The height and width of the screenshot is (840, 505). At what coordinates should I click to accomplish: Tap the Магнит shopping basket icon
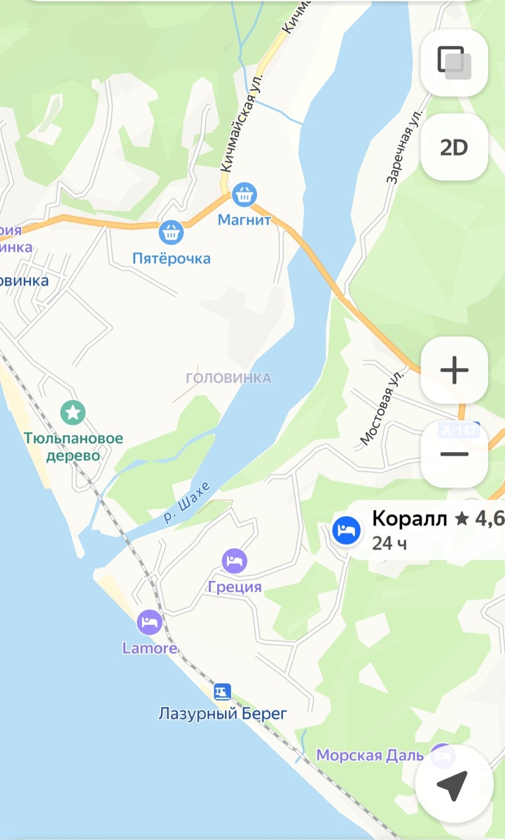(x=244, y=195)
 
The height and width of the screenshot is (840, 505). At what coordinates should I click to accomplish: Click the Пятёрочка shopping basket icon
(x=171, y=232)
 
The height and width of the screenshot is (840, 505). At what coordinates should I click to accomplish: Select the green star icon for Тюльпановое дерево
(x=73, y=412)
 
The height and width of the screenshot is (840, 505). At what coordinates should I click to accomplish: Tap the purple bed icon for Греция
(x=235, y=560)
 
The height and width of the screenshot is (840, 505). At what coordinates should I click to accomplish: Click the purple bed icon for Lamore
(x=149, y=622)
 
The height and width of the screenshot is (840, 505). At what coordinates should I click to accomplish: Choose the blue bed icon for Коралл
(x=346, y=531)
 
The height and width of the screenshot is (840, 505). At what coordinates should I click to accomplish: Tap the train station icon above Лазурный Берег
(x=223, y=692)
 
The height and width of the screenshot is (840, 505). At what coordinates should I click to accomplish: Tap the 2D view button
(x=454, y=148)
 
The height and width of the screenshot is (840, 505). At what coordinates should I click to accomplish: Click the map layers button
(x=454, y=62)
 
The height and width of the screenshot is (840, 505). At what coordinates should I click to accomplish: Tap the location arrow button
(x=452, y=785)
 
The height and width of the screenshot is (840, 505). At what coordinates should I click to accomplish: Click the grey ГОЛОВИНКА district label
(x=228, y=378)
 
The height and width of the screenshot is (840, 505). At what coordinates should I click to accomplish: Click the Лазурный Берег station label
(x=223, y=714)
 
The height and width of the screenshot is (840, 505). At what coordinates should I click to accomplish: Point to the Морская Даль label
(x=370, y=755)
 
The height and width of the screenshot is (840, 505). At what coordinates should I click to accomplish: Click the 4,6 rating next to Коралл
(x=489, y=519)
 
